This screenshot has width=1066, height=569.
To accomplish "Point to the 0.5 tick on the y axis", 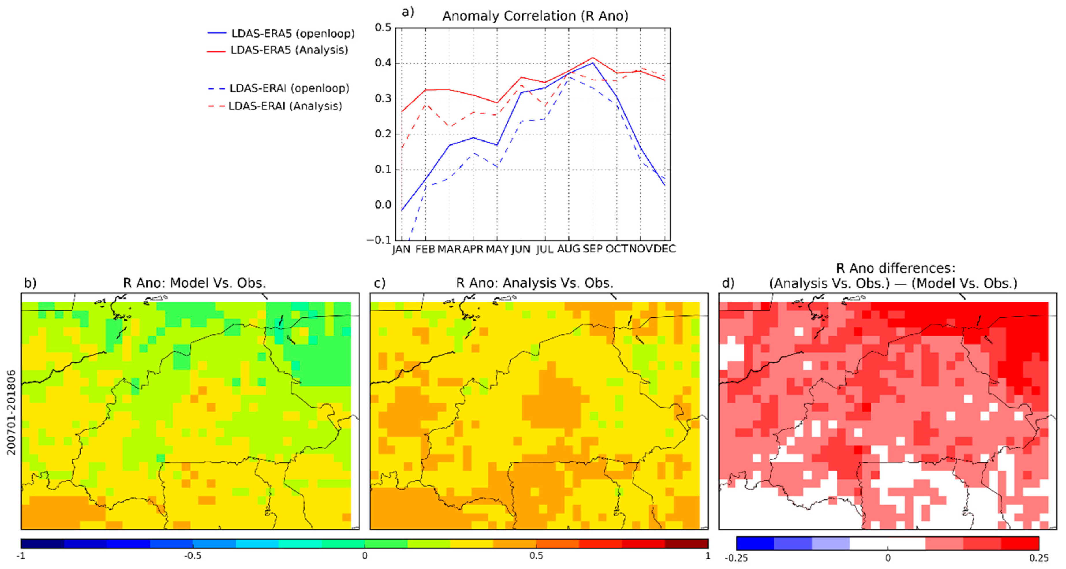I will (383, 27).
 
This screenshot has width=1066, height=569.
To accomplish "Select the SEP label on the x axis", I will (593, 249).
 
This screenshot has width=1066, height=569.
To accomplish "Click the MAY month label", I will (497, 249).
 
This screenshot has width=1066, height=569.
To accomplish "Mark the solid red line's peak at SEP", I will (593, 58).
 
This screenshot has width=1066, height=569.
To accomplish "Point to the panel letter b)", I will (30, 283).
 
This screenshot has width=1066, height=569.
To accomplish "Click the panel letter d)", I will (728, 283).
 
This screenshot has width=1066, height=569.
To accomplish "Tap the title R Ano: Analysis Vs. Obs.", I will (534, 283).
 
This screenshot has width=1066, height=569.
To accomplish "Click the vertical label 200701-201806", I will (11, 412).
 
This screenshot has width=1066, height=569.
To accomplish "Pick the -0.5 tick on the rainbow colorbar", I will (193, 556).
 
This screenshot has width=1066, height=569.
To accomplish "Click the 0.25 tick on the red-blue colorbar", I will (1039, 558).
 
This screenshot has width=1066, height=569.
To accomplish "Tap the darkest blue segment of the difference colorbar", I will (755, 543).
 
